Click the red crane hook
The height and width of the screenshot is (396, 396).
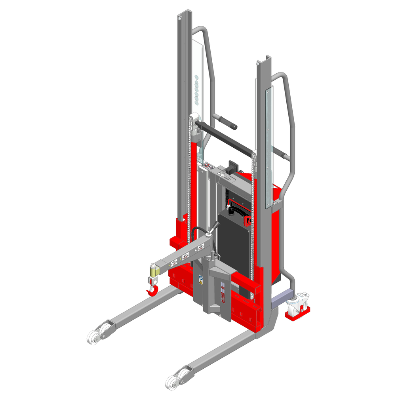(152, 291)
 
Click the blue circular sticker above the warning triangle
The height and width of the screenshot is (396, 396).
(201, 277)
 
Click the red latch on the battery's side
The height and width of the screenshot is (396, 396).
(248, 220)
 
